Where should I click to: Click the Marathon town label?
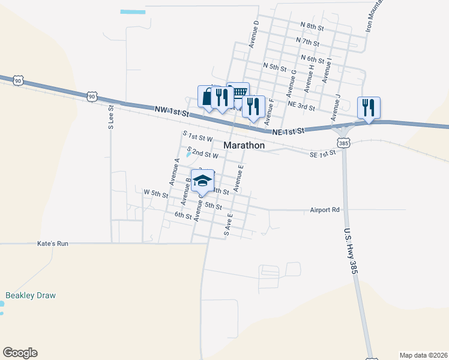pyautogui.click(x=244, y=145)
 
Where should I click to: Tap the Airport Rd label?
pyautogui.click(x=325, y=210)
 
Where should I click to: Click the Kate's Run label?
pyautogui.click(x=53, y=244)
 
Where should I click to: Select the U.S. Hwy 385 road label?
pyautogui.click(x=351, y=251)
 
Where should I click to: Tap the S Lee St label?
pyautogui.click(x=111, y=118)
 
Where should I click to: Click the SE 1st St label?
pyautogui.click(x=322, y=155)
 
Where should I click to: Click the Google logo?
pyautogui.click(x=20, y=353)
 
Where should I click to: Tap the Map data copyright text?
pyautogui.click(x=423, y=355)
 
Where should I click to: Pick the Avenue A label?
pyautogui.click(x=175, y=172)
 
